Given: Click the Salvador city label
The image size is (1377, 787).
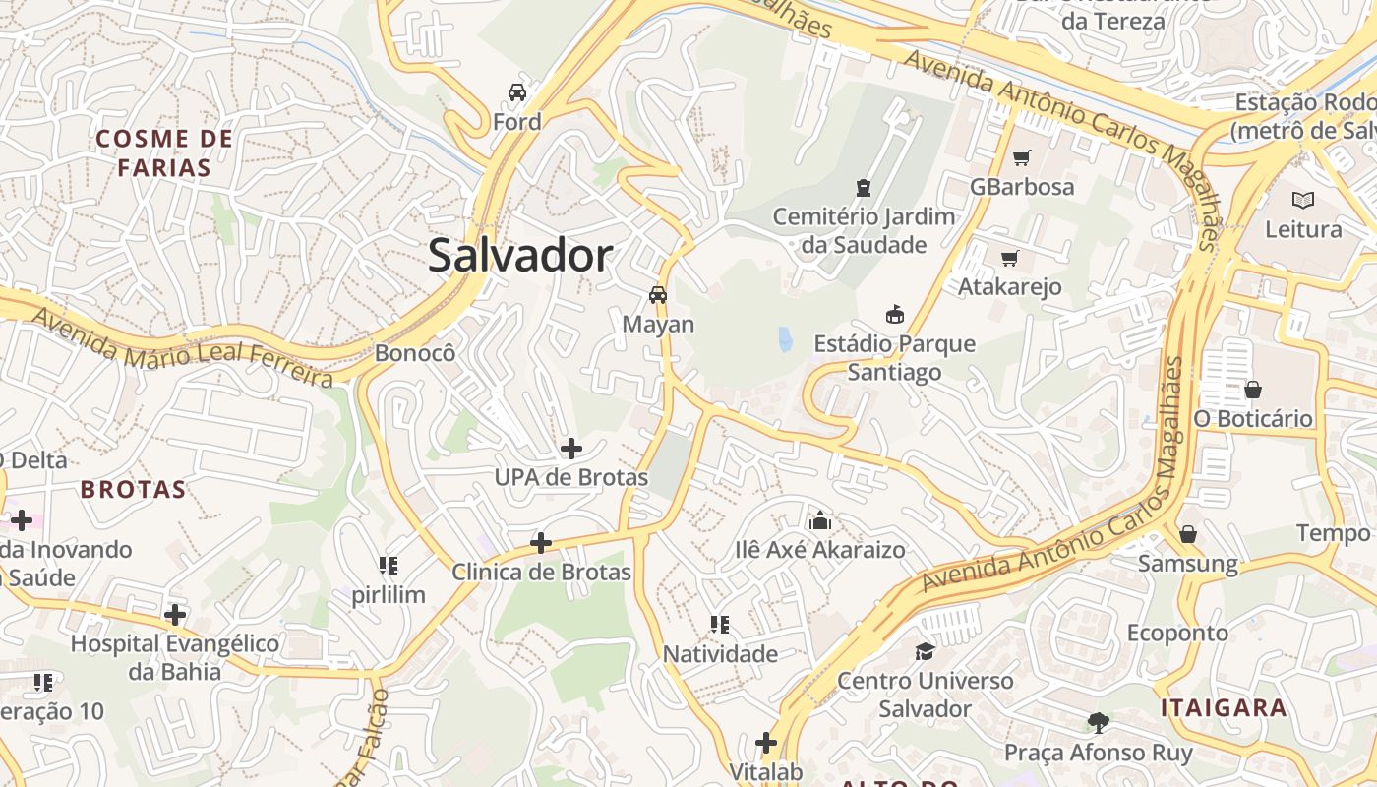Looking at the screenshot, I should [x=520, y=256].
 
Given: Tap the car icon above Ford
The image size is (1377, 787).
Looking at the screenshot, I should [x=517, y=92].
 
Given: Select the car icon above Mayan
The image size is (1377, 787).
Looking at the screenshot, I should [x=658, y=294].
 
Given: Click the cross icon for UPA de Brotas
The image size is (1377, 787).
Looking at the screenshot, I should [x=570, y=449].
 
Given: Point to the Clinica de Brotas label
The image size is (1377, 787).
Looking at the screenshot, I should [x=541, y=571].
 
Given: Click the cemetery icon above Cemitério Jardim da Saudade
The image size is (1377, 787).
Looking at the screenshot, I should [x=864, y=187].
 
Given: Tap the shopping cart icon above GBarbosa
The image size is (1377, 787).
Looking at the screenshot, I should [x=1022, y=157].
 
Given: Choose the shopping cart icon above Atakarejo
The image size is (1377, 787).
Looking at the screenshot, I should [x=1009, y=259].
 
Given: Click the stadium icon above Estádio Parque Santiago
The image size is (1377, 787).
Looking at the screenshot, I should [x=894, y=315].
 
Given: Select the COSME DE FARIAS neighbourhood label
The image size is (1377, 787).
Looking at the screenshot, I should [x=165, y=152].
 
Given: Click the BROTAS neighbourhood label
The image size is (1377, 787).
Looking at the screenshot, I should [x=134, y=489].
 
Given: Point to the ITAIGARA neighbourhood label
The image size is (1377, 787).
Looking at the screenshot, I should [x=1224, y=707].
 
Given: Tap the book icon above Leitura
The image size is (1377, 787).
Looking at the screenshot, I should [x=1303, y=200].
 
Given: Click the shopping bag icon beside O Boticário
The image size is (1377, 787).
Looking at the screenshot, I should [x=1253, y=390].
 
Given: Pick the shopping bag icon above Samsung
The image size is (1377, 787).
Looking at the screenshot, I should [x=1188, y=534].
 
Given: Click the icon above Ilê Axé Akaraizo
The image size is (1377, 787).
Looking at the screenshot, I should [x=819, y=520].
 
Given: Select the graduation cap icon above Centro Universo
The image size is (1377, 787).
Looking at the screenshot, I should [x=925, y=651].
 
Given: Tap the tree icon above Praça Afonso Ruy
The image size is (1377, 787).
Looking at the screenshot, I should [x=1098, y=723].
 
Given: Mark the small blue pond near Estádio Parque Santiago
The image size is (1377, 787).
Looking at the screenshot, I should [x=785, y=339].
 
